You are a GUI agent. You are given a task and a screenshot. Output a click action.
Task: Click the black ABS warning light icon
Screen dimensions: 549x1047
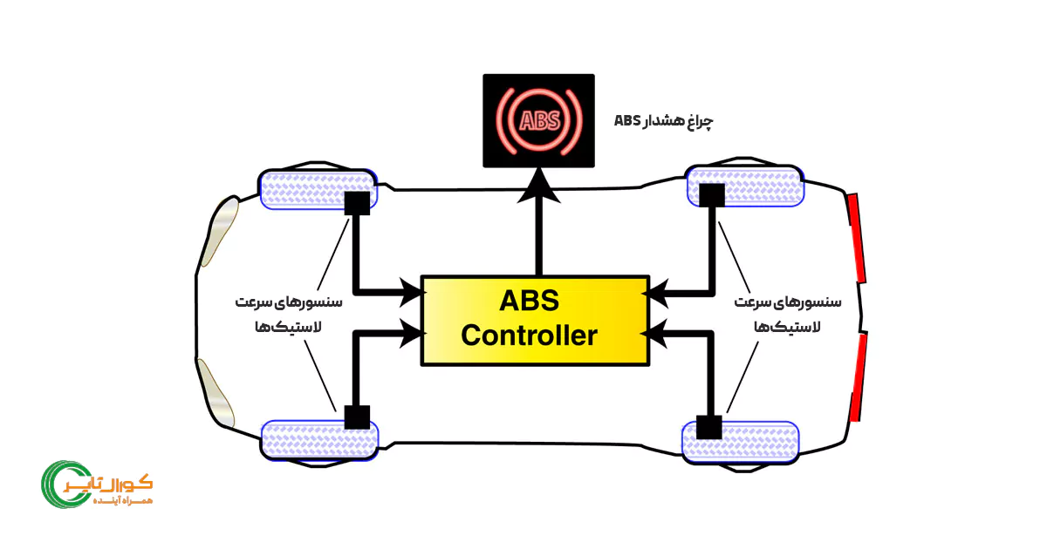[x=539, y=120]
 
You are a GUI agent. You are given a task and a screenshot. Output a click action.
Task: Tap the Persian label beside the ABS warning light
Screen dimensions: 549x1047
[x=663, y=120]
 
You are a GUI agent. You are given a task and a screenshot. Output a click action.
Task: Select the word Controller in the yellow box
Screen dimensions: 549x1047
[x=530, y=335]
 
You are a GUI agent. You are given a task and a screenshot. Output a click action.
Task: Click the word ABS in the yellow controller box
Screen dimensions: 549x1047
[x=530, y=302]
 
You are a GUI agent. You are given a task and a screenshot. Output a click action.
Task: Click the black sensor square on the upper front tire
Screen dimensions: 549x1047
[x=358, y=203]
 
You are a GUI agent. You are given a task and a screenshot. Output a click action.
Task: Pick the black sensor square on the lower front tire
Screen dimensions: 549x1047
[x=357, y=417]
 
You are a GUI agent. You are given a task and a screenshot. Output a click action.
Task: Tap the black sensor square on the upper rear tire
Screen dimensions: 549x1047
[x=712, y=193]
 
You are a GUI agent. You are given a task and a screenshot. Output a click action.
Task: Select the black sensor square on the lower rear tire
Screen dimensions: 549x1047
[x=708, y=428]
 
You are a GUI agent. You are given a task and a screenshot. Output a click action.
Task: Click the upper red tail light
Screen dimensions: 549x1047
[x=856, y=238]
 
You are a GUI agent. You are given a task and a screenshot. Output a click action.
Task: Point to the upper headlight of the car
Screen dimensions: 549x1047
[x=219, y=229]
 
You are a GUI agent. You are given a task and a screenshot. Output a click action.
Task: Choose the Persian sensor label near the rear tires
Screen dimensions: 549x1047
[x=787, y=314]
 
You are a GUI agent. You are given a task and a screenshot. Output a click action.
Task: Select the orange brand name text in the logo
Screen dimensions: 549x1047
[x=122, y=482]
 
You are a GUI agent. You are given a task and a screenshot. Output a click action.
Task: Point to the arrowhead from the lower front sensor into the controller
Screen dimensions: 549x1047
[x=411, y=331]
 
